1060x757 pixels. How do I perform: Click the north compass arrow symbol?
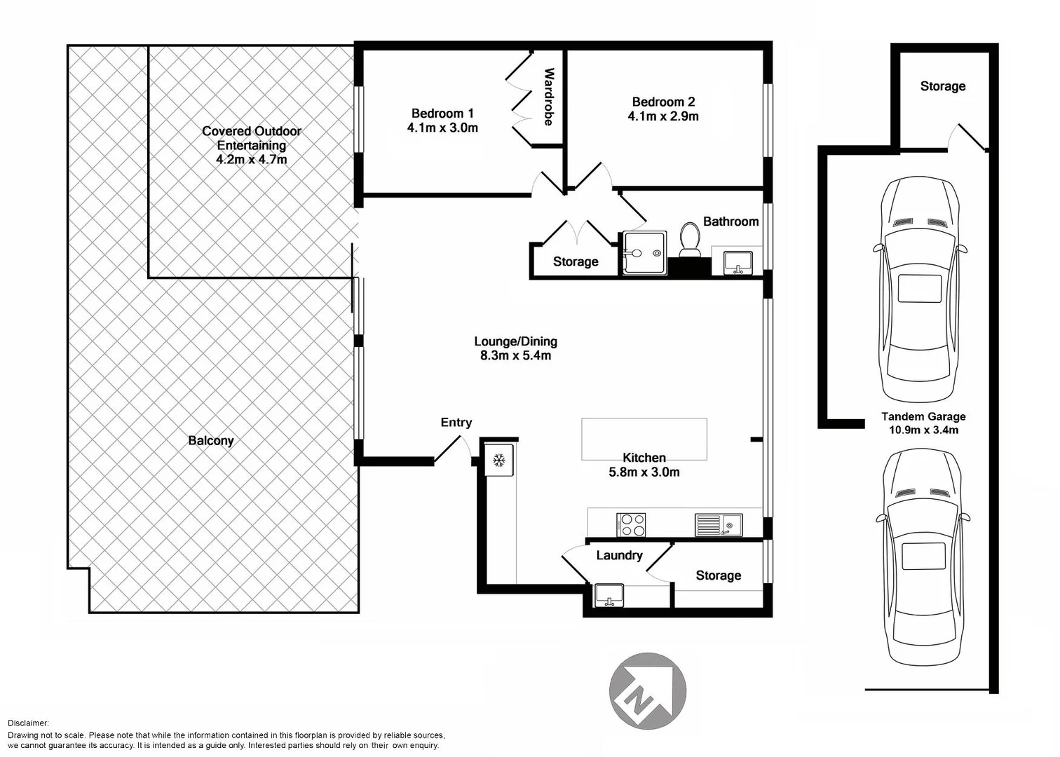coord(647,690)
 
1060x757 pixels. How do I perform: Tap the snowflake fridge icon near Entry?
coord(499,461)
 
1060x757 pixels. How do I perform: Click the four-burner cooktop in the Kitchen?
coord(631,525)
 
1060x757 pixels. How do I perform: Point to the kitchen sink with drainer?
coord(719,524)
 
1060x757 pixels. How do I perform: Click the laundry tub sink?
coord(609,595)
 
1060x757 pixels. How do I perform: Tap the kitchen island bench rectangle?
coord(644,439)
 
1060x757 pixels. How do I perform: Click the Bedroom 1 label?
coord(442,114)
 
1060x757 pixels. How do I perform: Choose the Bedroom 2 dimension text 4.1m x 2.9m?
coord(662,116)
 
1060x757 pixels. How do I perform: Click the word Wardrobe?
coord(549,97)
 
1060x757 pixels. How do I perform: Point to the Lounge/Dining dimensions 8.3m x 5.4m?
coord(515,355)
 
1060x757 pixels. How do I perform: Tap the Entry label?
coord(456,422)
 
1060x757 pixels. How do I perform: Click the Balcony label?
coord(210,440)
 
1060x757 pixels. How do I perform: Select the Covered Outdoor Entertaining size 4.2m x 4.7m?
coord(251,160)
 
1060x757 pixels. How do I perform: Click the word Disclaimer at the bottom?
coord(28,723)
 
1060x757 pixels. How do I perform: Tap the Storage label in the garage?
coord(942,86)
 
